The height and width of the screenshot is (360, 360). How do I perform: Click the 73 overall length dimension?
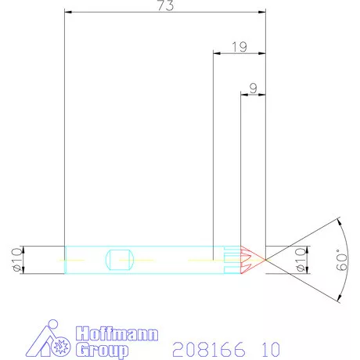(x=165, y=6)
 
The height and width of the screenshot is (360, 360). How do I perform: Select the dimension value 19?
(x=239, y=47)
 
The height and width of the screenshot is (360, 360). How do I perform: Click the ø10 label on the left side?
(x=15, y=258)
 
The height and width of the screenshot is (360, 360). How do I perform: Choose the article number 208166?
(x=200, y=347)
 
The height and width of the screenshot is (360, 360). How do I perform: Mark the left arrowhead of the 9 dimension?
(x=243, y=95)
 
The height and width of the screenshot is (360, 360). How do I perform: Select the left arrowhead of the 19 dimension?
(x=217, y=53)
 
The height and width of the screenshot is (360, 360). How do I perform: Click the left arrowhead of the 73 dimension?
(x=68, y=13)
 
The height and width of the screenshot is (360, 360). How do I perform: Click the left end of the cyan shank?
(x=65, y=258)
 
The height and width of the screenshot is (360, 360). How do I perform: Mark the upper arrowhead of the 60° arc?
(x=339, y=221)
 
